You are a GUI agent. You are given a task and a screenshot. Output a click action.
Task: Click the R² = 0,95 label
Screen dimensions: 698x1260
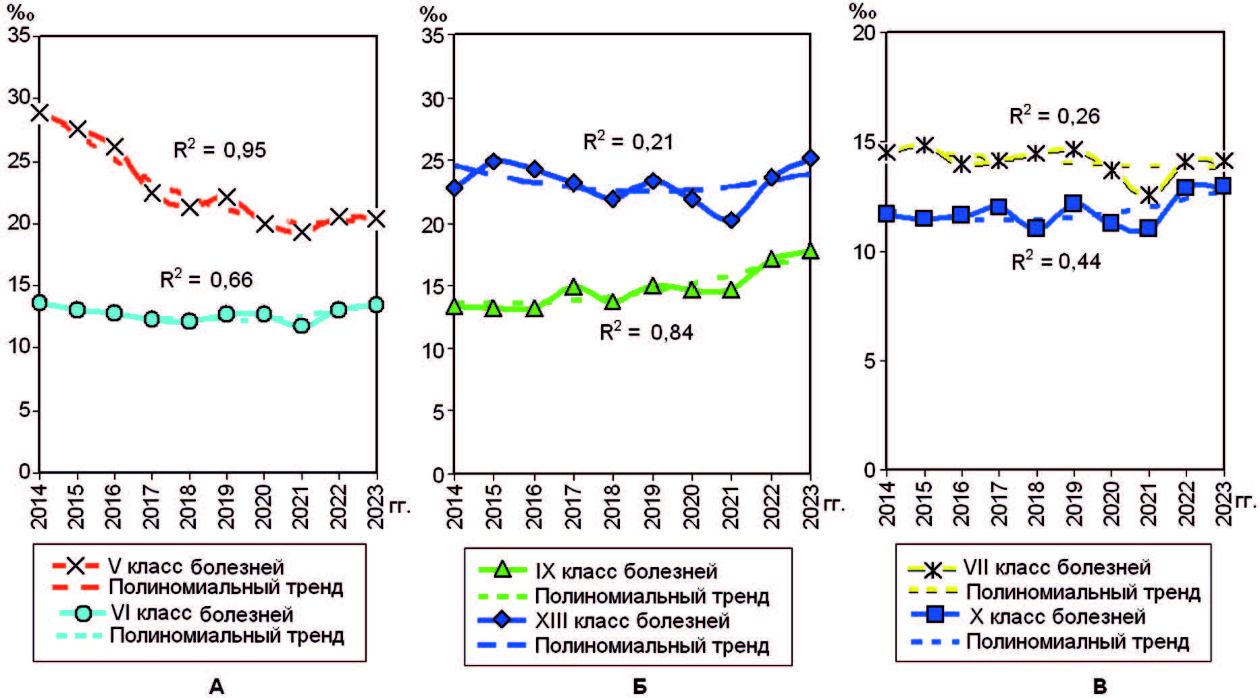[220, 149]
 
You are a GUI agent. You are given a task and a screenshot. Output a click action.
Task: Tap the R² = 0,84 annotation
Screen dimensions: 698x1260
[646, 332]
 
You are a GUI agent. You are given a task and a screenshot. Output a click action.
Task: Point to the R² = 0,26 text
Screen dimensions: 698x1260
[1055, 116]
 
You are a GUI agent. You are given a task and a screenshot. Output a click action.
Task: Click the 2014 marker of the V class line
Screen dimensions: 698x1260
[40, 113]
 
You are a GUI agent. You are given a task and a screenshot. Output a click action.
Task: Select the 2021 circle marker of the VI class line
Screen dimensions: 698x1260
[301, 325]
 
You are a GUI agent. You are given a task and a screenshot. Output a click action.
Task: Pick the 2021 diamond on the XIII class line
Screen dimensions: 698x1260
[731, 220]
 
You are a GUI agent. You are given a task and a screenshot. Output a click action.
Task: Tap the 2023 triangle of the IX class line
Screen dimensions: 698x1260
[810, 252]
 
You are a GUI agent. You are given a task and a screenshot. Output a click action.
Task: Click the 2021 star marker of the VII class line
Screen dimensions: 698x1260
[1148, 196]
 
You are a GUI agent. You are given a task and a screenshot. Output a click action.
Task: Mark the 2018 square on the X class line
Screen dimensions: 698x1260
[1036, 228]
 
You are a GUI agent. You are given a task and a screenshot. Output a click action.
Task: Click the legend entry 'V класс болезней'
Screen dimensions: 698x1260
[196, 566]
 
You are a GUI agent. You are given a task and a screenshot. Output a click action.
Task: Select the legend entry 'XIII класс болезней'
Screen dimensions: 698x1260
[632, 620]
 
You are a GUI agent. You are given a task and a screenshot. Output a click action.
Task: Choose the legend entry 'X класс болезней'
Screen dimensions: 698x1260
[1057, 616]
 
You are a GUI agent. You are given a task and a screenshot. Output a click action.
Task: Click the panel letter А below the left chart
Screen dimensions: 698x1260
[216, 687]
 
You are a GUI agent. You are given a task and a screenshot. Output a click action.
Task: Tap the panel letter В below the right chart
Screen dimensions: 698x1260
[1099, 687]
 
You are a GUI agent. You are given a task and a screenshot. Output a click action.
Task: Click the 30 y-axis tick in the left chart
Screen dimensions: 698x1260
[19, 97]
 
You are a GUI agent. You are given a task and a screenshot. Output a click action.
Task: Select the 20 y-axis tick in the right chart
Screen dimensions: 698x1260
[864, 32]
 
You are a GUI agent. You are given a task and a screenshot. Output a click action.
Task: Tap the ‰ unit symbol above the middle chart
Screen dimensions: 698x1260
[433, 14]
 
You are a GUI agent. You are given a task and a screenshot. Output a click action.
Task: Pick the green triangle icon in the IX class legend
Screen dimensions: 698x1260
[502, 570]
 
